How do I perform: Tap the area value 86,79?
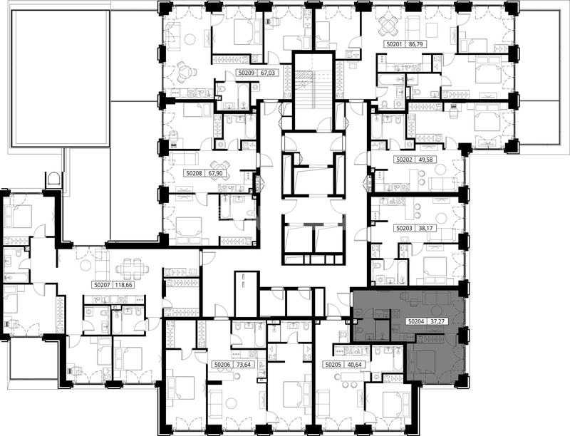[x=416, y=44]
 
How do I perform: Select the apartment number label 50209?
[x=247, y=73]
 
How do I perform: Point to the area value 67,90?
[x=215, y=174]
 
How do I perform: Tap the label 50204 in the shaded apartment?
[x=416, y=321]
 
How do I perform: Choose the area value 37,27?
[x=438, y=321]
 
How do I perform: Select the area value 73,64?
[x=244, y=364]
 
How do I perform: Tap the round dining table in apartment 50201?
[x=388, y=26]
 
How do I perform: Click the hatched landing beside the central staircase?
[x=301, y=76]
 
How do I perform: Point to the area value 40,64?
[x=355, y=364]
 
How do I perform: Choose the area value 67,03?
[x=269, y=73]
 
